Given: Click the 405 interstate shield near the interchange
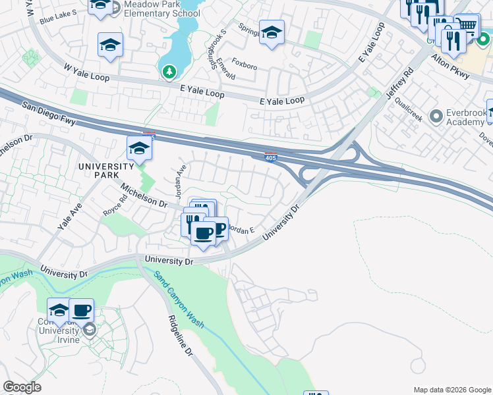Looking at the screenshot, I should pos(271,157).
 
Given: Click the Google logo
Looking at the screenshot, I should pos(22,387).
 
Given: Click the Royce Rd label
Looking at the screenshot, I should pos(114,208).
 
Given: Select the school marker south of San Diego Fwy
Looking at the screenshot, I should pos(140,149).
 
